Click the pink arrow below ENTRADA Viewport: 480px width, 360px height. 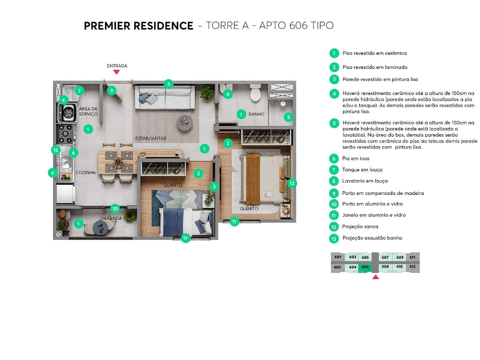pos(116,72)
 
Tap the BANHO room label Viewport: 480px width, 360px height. pos(256,114)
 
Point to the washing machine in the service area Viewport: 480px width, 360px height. pos(67,113)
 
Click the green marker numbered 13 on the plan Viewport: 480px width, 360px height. pos(292,183)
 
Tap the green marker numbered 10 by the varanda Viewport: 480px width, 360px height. pos(115,209)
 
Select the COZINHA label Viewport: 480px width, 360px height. pos(85,172)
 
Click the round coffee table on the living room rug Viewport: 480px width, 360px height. pos(185,123)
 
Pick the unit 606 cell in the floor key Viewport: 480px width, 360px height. pos(365,267)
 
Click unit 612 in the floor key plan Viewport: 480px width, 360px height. pos(412,267)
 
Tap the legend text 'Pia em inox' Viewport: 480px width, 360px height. pos(355,159)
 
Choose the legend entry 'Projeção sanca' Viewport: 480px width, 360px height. pos(360,226)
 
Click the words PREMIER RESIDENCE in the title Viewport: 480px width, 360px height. pos(138,25)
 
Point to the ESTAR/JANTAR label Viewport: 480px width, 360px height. pos(151,138)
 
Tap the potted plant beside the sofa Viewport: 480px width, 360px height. pos(207,92)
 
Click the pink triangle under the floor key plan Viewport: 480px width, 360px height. pos(375,277)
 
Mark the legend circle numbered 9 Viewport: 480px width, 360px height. pos(334,193)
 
